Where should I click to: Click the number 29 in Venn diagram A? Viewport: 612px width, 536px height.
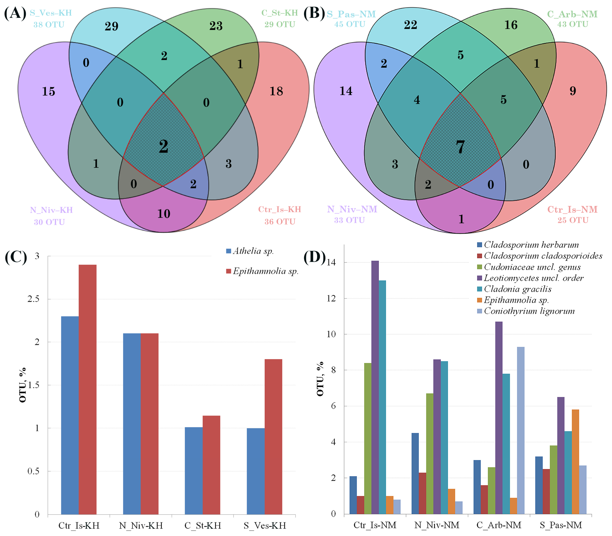[111, 26]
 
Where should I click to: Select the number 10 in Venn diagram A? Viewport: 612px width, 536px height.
[164, 214]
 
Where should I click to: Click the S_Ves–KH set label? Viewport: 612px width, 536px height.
[51, 13]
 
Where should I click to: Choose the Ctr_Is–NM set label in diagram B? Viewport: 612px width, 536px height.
[572, 209]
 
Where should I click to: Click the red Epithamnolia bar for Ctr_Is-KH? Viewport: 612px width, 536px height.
[87, 389]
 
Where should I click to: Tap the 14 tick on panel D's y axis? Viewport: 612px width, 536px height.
[331, 262]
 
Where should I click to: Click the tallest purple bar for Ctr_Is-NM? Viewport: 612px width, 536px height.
[375, 389]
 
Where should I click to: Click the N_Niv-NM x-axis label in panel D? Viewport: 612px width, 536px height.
[437, 525]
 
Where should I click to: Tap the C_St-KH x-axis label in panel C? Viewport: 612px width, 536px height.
[203, 526]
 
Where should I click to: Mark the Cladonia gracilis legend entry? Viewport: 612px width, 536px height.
[517, 289]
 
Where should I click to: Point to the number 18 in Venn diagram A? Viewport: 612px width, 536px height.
[276, 91]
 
